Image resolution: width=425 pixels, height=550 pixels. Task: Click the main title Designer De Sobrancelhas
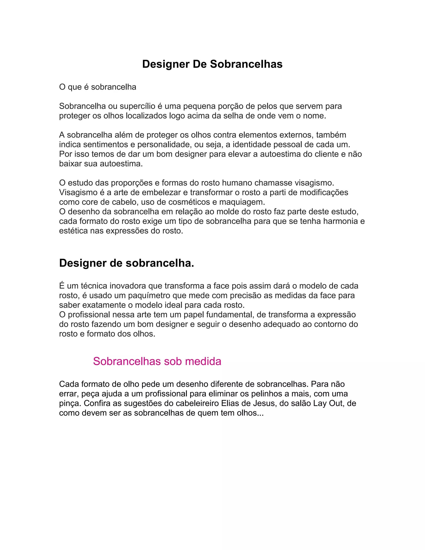212,64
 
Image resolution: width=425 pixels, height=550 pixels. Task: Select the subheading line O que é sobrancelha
98,87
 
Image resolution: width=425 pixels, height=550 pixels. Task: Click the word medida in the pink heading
203,361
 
